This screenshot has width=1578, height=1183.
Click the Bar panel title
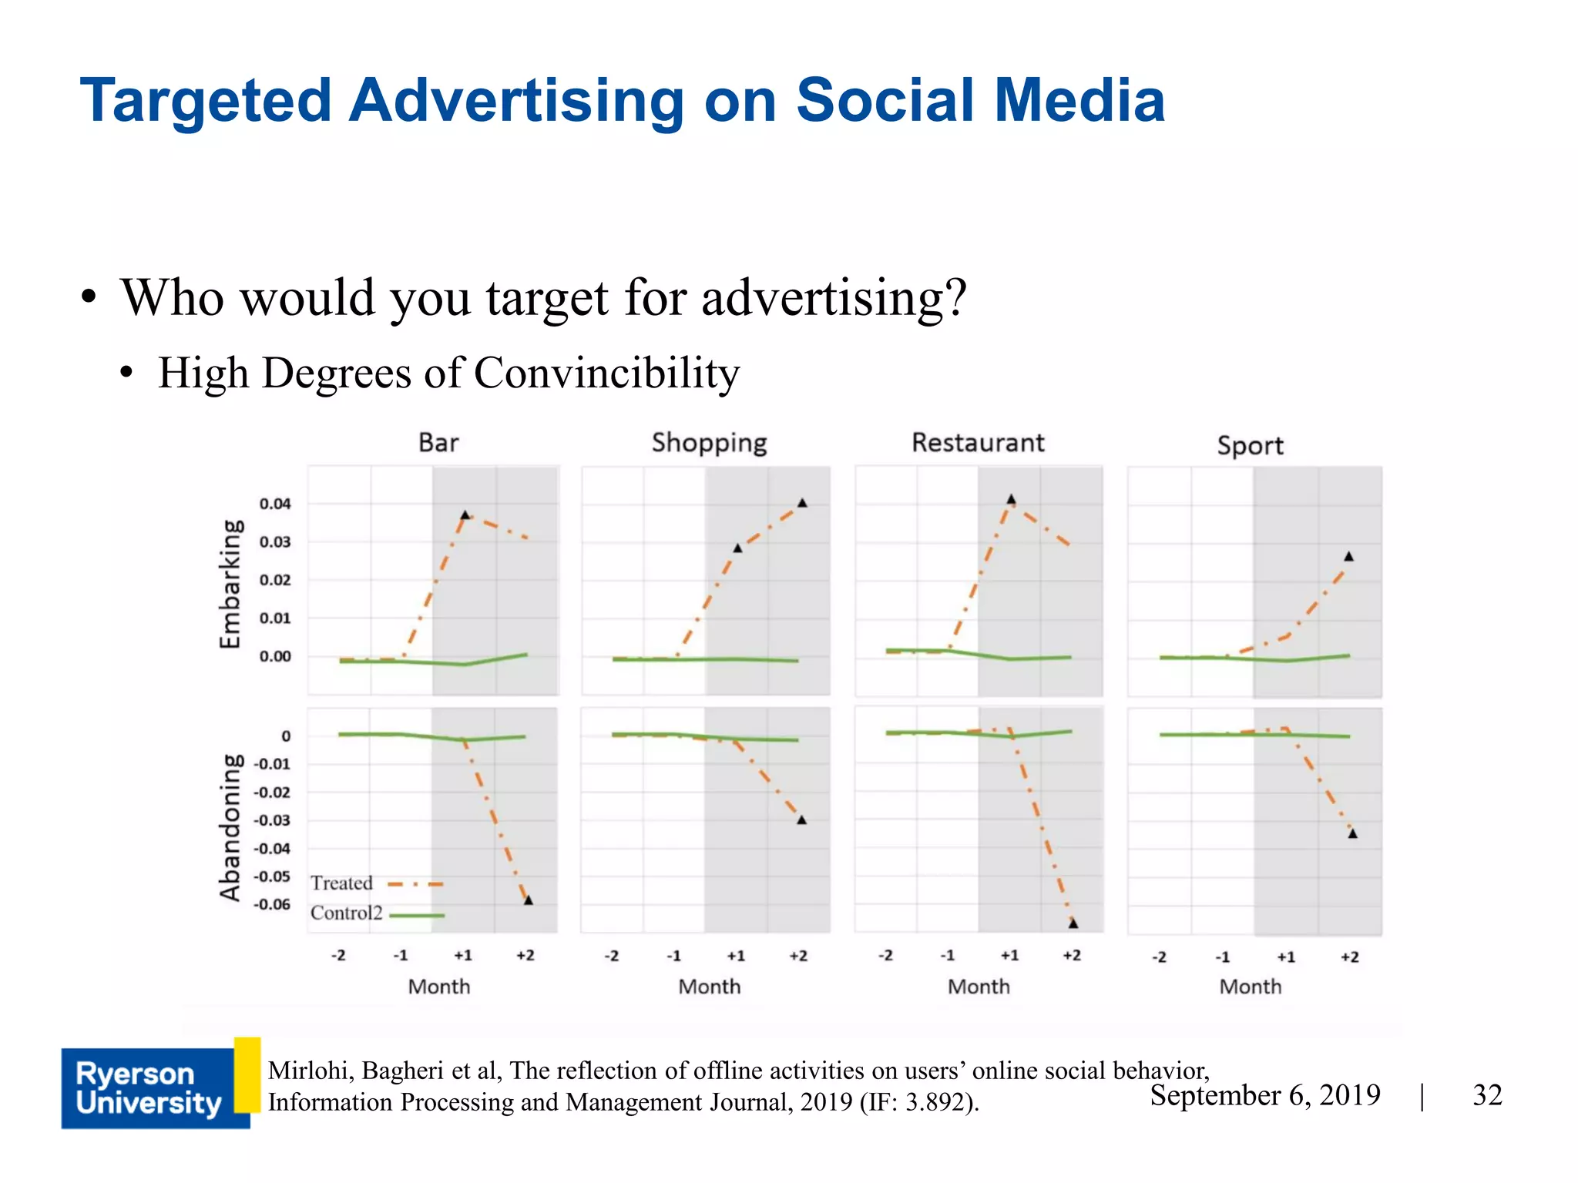click(x=438, y=443)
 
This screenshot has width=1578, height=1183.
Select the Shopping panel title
click(x=709, y=444)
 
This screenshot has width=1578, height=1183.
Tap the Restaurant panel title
click(x=978, y=443)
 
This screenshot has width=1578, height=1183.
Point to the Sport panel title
click(x=1250, y=446)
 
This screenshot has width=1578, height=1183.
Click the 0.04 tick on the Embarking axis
click(x=275, y=504)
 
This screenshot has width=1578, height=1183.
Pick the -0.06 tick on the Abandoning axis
click(x=272, y=904)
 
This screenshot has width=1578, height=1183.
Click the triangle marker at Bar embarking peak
click(x=465, y=514)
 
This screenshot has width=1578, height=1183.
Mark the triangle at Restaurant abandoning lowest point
click(x=1073, y=923)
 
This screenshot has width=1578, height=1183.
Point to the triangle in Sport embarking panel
click(x=1348, y=556)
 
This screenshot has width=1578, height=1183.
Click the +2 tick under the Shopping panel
click(x=798, y=956)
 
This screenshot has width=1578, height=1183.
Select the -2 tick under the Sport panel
click(x=1160, y=957)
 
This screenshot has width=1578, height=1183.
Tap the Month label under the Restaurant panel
click(x=979, y=987)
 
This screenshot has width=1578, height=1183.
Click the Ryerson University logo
click(x=149, y=1088)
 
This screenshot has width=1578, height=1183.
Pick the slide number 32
click(x=1487, y=1095)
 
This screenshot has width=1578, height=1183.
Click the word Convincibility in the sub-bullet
click(x=606, y=374)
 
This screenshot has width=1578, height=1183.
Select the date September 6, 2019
click(x=1265, y=1095)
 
